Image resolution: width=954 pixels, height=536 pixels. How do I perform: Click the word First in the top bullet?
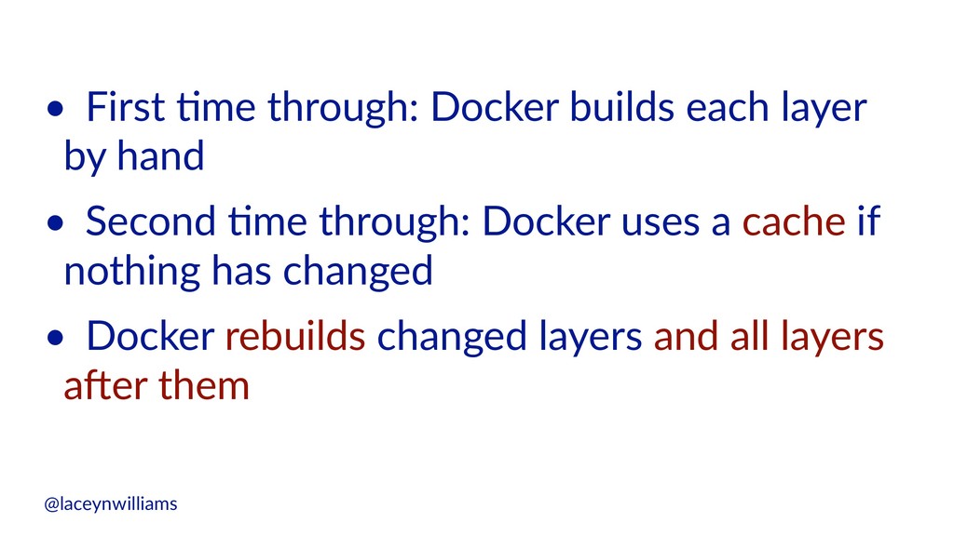[x=126, y=107]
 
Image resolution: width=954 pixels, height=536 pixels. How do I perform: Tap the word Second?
[x=150, y=221]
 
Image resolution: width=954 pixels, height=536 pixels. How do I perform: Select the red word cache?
[x=794, y=221]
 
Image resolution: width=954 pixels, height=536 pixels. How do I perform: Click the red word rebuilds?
[x=295, y=335]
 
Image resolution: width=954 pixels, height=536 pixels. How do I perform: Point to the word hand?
[x=160, y=156]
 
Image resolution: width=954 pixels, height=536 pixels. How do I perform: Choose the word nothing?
[x=131, y=271]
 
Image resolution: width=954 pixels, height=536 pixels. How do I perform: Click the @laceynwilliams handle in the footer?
[x=111, y=503]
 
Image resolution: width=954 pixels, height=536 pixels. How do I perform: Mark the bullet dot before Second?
[x=55, y=223]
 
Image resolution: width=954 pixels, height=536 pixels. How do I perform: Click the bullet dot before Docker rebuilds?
[x=55, y=338]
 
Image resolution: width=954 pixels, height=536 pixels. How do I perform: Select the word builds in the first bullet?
[x=621, y=107]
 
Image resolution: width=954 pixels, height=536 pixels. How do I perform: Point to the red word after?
[x=104, y=385]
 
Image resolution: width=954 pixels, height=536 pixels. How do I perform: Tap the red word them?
[x=203, y=385]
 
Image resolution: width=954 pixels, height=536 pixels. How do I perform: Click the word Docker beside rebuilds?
[x=150, y=335]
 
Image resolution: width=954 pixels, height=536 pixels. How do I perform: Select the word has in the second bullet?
[x=241, y=271]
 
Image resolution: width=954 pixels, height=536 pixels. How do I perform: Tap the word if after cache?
[x=869, y=221]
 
